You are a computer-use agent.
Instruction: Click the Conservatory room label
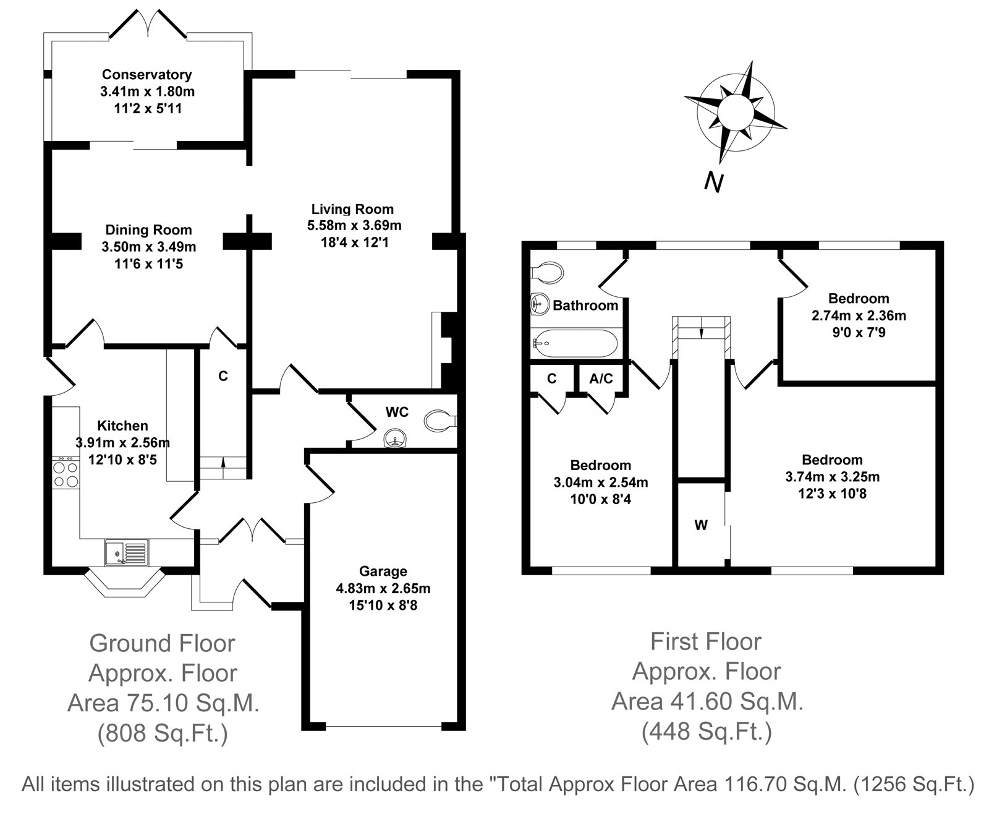coord(146,75)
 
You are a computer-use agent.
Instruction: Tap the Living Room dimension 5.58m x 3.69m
coord(354,226)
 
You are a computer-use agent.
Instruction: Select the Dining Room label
coord(148,230)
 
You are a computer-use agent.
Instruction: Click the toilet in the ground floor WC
coord(440,421)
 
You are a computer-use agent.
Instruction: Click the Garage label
coord(383,572)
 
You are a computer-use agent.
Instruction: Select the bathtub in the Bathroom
coord(575,343)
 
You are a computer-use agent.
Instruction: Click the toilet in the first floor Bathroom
coord(547,273)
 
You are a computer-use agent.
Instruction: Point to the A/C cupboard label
coord(601,379)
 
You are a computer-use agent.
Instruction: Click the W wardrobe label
coord(701,525)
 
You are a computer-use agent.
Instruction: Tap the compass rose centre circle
coord(736,113)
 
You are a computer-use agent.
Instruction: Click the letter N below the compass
coord(713,182)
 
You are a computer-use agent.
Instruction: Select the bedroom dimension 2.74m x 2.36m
coord(859,315)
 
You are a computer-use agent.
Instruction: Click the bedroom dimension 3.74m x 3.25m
coord(833,477)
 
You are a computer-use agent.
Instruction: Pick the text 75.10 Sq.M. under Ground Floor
coord(193,703)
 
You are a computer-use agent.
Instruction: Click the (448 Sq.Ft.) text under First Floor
coord(707,731)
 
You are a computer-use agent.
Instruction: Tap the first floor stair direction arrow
coord(702,332)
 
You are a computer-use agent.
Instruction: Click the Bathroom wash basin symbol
coord(540,304)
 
